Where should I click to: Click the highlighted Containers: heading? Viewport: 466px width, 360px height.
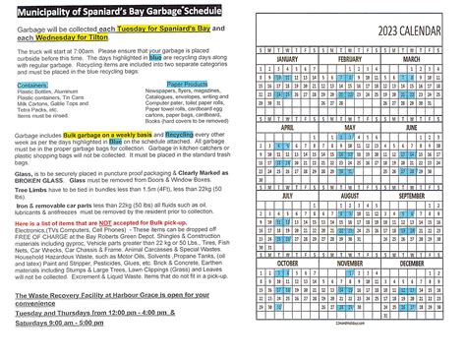click(31, 112)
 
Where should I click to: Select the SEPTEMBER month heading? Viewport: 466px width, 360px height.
click(424, 196)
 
